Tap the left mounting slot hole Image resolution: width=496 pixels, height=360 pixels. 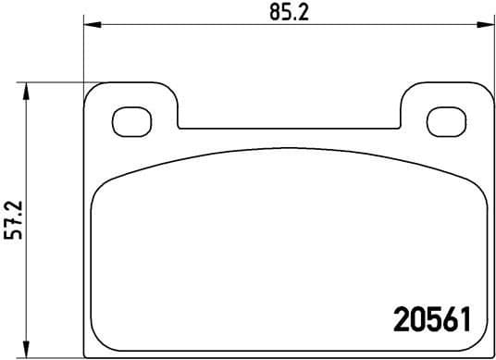tap(127, 120)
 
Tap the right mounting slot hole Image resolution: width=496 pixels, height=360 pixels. tap(444, 120)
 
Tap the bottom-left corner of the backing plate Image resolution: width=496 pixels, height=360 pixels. tap(87, 352)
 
